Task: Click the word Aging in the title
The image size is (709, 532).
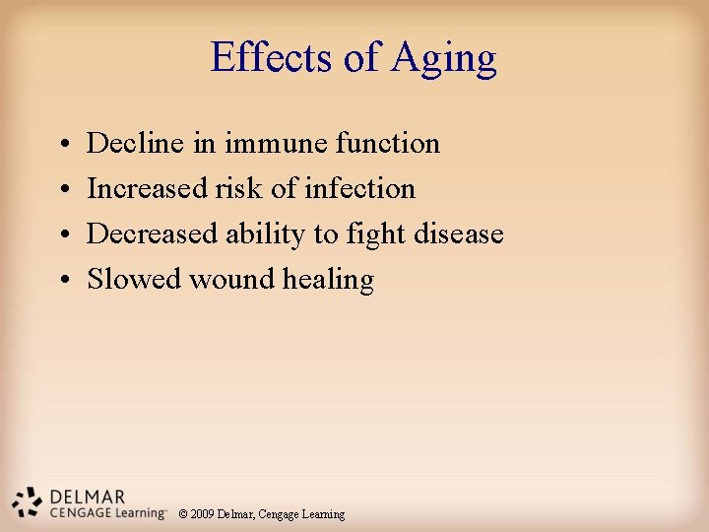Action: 443,59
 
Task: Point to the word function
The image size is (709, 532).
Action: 387,144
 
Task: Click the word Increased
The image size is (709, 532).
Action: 148,189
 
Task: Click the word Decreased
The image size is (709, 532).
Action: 153,234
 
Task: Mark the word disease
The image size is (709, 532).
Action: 457,234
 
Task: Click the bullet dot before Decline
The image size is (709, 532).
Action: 61,145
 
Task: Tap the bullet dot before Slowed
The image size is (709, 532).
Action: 61,281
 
